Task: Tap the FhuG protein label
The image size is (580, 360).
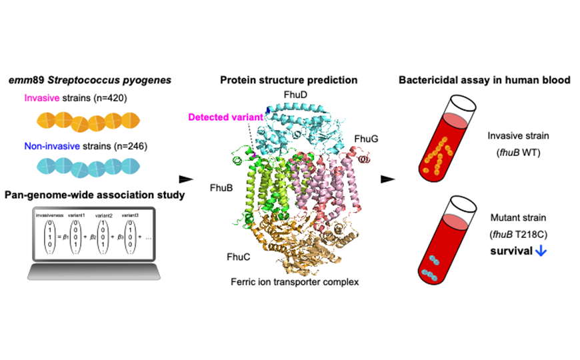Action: coord(366,139)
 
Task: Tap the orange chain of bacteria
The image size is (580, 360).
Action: coord(88,123)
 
